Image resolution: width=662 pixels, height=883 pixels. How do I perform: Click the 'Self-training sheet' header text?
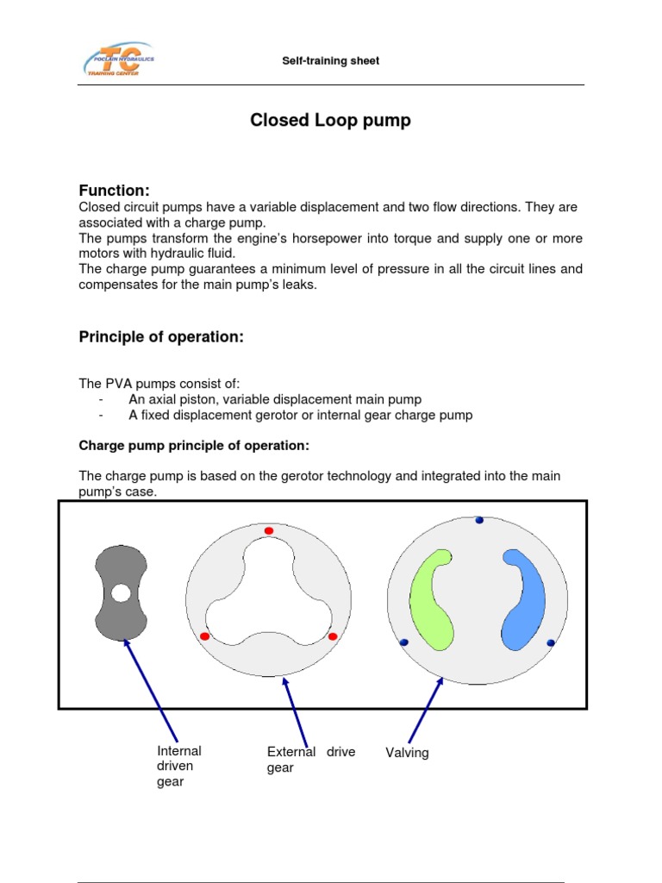coord(331,61)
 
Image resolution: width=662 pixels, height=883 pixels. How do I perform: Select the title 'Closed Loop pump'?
coord(330,121)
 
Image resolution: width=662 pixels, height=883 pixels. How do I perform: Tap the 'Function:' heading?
coord(115,190)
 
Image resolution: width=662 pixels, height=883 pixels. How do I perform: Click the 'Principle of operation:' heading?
coord(161,337)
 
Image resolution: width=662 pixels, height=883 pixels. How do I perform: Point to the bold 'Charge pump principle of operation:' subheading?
coord(194,446)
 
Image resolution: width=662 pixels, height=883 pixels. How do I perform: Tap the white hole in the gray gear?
coord(121,593)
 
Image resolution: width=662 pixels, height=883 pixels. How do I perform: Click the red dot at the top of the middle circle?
coord(269,530)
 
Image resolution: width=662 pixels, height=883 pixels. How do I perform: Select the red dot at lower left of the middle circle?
coord(204,636)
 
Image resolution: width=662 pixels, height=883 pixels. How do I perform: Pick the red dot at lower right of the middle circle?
coord(333,636)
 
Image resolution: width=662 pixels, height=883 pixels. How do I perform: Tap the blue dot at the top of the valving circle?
coord(479,520)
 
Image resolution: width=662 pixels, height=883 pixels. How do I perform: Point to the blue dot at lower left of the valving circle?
coord(403,642)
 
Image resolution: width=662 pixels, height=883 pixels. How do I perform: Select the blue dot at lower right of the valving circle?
coord(552,642)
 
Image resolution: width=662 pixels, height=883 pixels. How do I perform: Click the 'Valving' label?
coord(407,753)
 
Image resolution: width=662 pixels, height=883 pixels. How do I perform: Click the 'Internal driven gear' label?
coord(178,766)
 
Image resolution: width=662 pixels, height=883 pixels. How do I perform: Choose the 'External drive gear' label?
coord(311,760)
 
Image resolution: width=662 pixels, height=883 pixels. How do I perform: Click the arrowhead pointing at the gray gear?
coord(128,642)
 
